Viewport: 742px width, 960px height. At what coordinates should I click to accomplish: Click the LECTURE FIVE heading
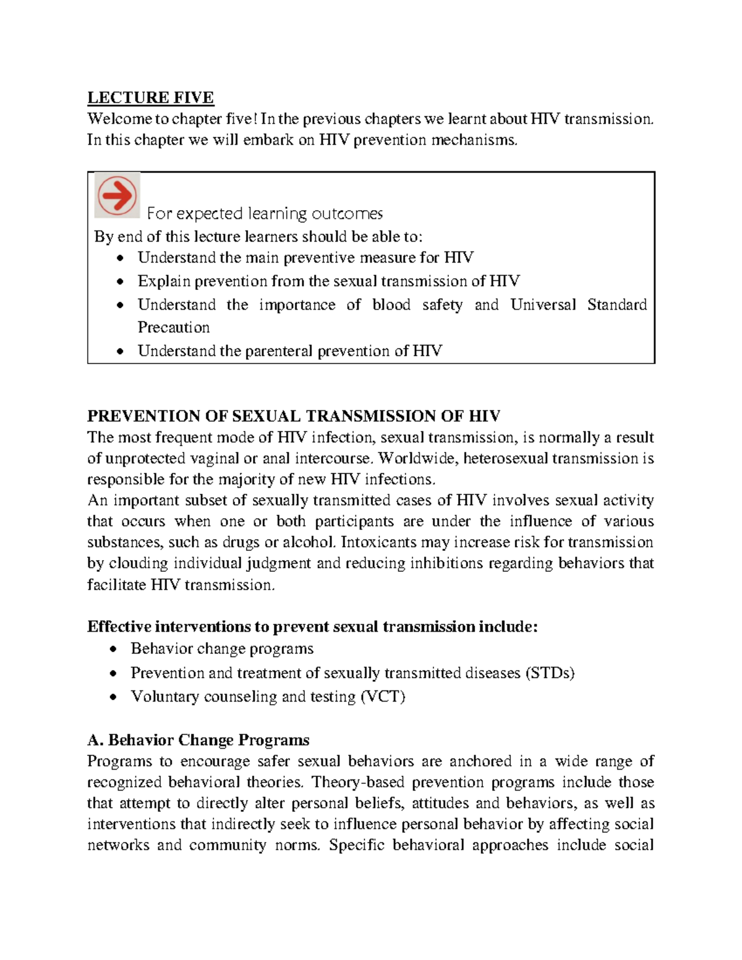[x=150, y=98]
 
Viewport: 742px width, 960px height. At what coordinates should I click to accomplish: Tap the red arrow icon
[x=117, y=195]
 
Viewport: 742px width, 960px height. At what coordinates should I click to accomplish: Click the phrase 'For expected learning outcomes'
[x=265, y=214]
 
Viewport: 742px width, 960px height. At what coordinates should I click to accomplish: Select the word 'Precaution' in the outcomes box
[x=174, y=327]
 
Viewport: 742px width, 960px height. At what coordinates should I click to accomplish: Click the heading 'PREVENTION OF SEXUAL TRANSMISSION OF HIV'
[x=294, y=415]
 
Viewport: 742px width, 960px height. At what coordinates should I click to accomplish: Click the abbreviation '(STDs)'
[x=550, y=673]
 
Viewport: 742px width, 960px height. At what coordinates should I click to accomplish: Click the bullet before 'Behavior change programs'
[x=113, y=649]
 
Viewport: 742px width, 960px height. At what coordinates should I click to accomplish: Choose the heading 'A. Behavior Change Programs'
[x=198, y=740]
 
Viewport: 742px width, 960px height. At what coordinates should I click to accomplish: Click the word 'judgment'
[x=278, y=563]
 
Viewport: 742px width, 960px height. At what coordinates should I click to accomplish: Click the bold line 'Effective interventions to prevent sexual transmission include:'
[x=312, y=627]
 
